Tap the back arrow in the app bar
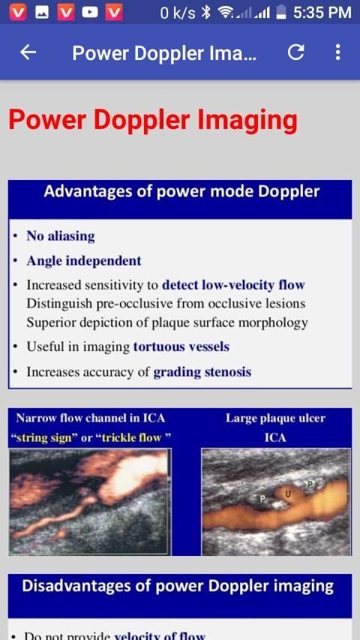28,53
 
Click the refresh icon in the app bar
296,53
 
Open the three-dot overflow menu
337,53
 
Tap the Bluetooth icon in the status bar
206,13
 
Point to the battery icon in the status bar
281,13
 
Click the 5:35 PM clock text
322,13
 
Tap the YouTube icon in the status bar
90,13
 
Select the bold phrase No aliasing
61,236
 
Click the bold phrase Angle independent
84,261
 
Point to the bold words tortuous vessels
181,347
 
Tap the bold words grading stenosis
202,372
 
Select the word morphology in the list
273,323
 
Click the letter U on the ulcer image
288,494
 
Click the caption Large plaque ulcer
275,419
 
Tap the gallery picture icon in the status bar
42,13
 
